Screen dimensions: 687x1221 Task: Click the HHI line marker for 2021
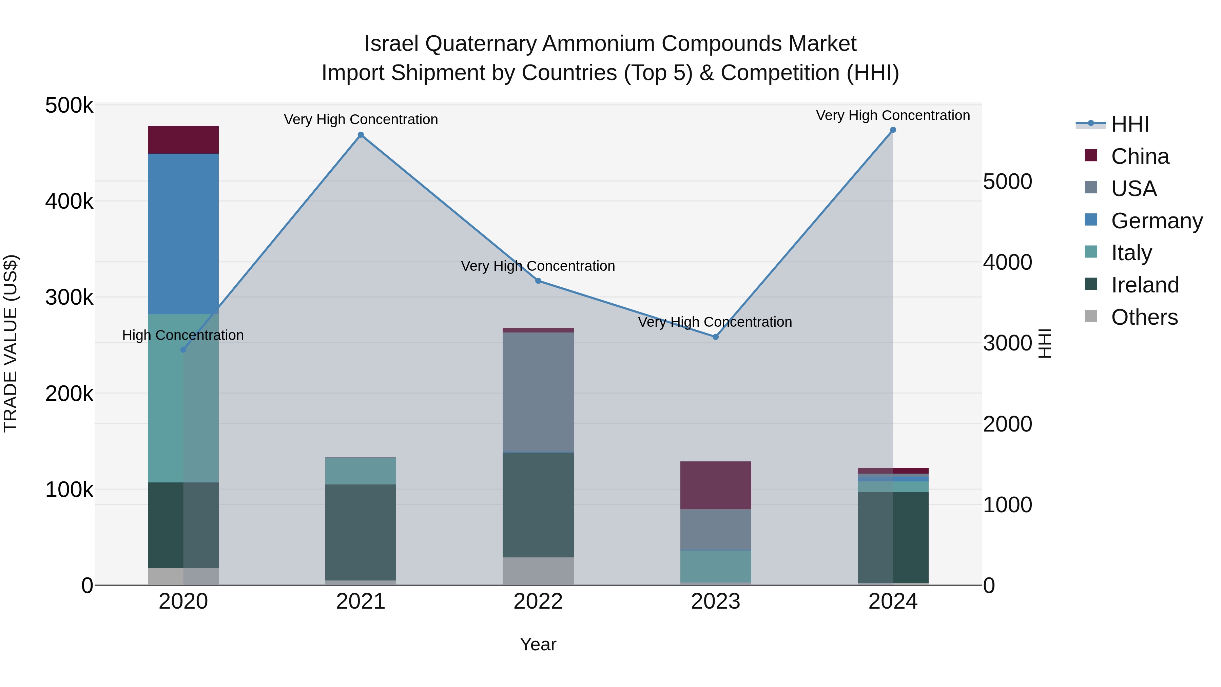pyautogui.click(x=361, y=135)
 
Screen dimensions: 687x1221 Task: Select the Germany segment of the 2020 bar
pyautogui.click(x=183, y=234)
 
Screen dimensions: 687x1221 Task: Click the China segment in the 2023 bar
pyautogui.click(x=716, y=485)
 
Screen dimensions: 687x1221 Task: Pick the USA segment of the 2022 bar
pyautogui.click(x=538, y=392)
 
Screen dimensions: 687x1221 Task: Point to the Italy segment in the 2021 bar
pyautogui.click(x=361, y=471)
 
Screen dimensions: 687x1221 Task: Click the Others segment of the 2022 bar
pyautogui.click(x=538, y=571)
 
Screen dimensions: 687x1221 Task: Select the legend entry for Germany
pyautogui.click(x=1157, y=221)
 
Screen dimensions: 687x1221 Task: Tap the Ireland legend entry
pyautogui.click(x=1145, y=285)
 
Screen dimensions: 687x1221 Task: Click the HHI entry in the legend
pyautogui.click(x=1129, y=124)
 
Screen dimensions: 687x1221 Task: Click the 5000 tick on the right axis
pyautogui.click(x=1007, y=182)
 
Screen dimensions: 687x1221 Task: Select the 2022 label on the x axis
pyautogui.click(x=538, y=602)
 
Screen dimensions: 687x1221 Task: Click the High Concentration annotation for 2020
pyautogui.click(x=183, y=335)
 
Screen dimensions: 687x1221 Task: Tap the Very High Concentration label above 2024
pyautogui.click(x=893, y=115)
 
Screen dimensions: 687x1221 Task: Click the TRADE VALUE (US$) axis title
pyautogui.click(x=11, y=343)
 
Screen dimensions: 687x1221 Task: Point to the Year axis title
pyautogui.click(x=538, y=644)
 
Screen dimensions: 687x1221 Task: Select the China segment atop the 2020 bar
pyautogui.click(x=183, y=140)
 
